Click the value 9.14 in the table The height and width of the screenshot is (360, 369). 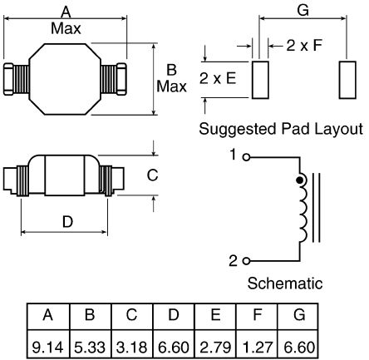point(47,347)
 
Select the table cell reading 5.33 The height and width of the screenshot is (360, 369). point(90,347)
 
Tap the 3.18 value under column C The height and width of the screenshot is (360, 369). point(131,347)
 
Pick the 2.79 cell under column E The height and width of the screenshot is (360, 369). point(215,347)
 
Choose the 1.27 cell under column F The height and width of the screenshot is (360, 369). point(258,347)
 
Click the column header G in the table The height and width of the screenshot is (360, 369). point(299,315)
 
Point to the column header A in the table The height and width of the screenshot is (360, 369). point(47,315)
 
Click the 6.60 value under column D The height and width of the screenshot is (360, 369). point(174,347)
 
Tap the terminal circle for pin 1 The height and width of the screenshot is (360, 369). point(246,157)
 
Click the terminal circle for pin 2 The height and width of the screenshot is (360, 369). point(246,261)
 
